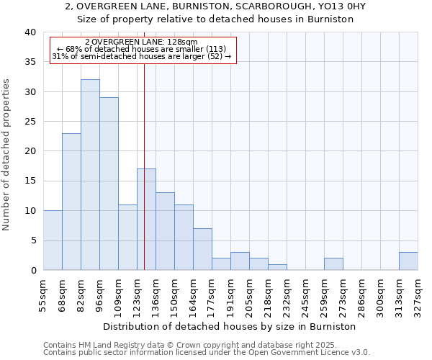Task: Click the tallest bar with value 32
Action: tap(90, 175)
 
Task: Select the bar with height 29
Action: tap(109, 184)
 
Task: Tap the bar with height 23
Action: tap(71, 202)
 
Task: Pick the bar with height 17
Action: tap(146, 220)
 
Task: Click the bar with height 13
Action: tap(165, 231)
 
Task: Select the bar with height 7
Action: tap(202, 249)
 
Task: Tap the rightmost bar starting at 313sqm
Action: tap(408, 261)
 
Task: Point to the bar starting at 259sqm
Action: tap(333, 264)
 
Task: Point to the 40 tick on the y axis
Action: tap(30, 32)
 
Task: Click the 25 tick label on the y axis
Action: tap(30, 122)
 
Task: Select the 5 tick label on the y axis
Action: tap(32, 240)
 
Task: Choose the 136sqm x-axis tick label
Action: tap(156, 296)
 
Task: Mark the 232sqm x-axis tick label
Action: tap(287, 296)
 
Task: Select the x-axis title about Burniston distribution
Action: tap(230, 327)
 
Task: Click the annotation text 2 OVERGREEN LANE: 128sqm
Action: tap(141, 42)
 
